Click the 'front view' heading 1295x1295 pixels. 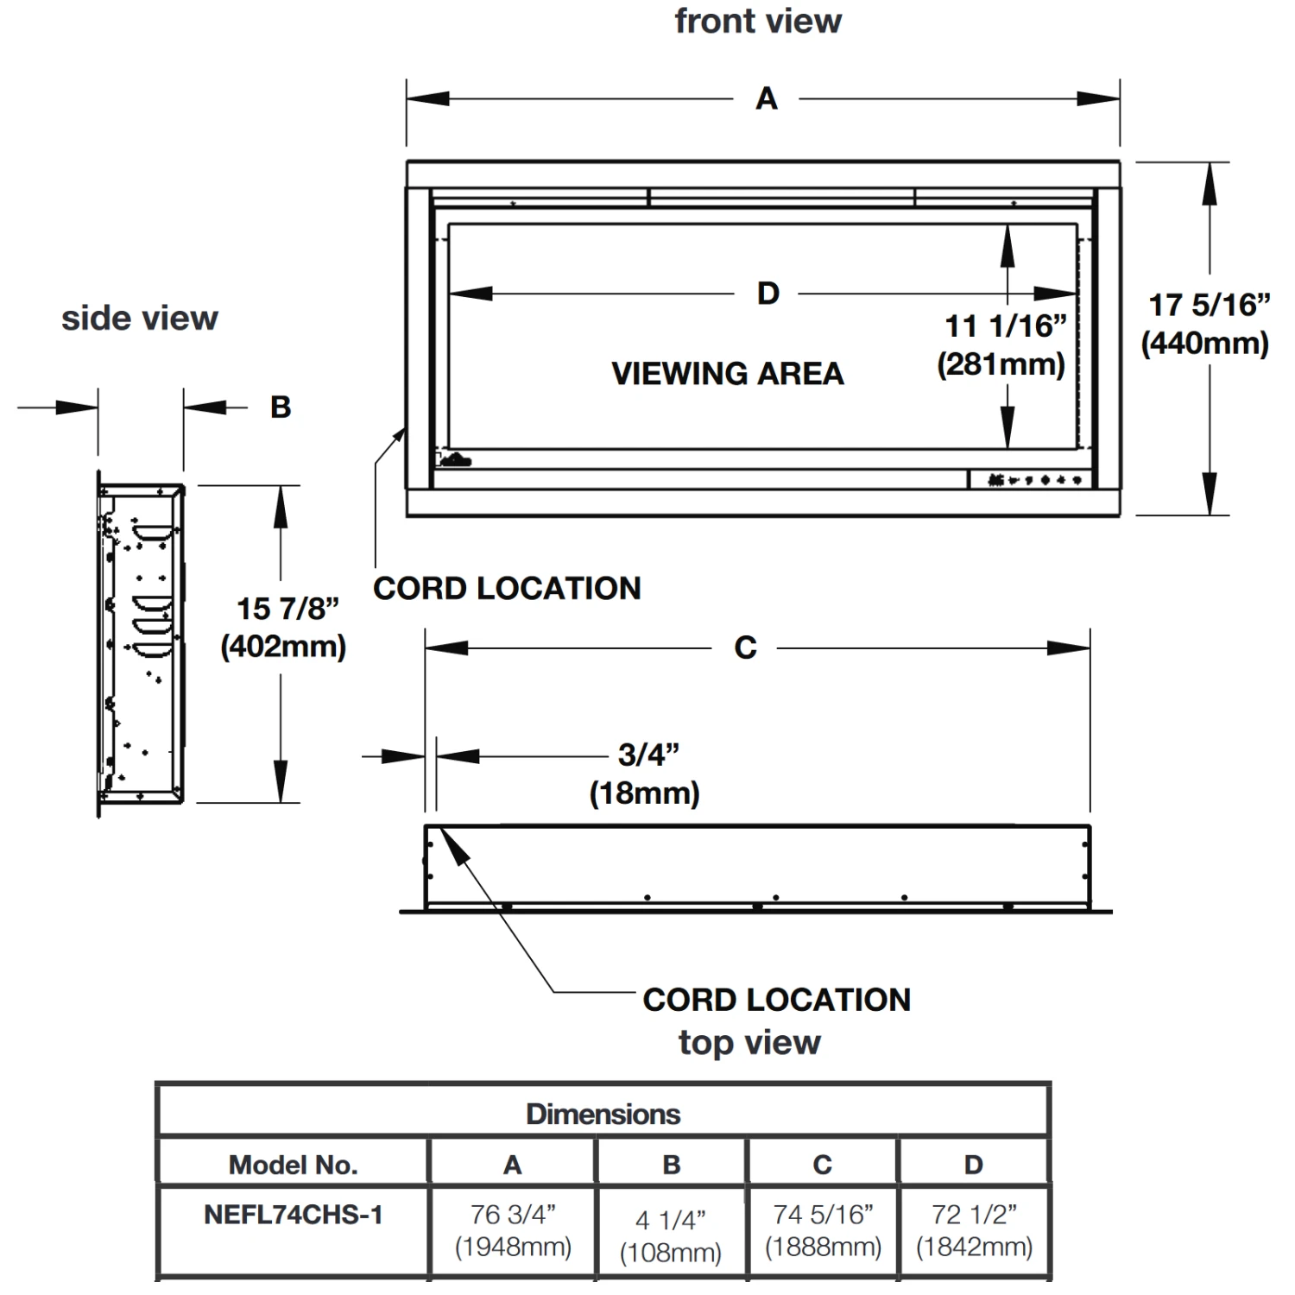pyautogui.click(x=758, y=22)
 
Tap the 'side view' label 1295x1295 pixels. pyautogui.click(x=140, y=319)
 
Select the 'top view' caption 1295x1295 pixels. pyautogui.click(x=749, y=1043)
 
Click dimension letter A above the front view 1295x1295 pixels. pyautogui.click(x=767, y=99)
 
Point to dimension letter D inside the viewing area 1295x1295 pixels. pyautogui.click(x=768, y=294)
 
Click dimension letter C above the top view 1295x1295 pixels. pyautogui.click(x=745, y=648)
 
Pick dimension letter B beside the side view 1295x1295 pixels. pyautogui.click(x=281, y=407)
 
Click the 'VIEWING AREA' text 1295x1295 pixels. pyautogui.click(x=727, y=374)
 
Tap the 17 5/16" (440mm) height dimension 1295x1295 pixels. pyautogui.click(x=1207, y=324)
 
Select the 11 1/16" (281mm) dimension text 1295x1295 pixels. pyautogui.click(x=1003, y=344)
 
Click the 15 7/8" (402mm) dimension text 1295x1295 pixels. pyautogui.click(x=285, y=628)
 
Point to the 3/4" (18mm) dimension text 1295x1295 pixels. pyautogui.click(x=646, y=774)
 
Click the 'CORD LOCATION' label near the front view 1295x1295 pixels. pyautogui.click(x=507, y=589)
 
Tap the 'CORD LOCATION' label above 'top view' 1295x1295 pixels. pyautogui.click(x=776, y=1000)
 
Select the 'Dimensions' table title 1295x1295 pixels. pyautogui.click(x=603, y=1114)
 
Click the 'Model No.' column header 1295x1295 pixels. pyautogui.click(x=293, y=1165)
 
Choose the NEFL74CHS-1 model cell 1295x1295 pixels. pyautogui.click(x=293, y=1215)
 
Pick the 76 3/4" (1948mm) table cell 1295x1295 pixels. pyautogui.click(x=513, y=1230)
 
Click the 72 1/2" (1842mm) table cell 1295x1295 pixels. pyautogui.click(x=974, y=1230)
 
